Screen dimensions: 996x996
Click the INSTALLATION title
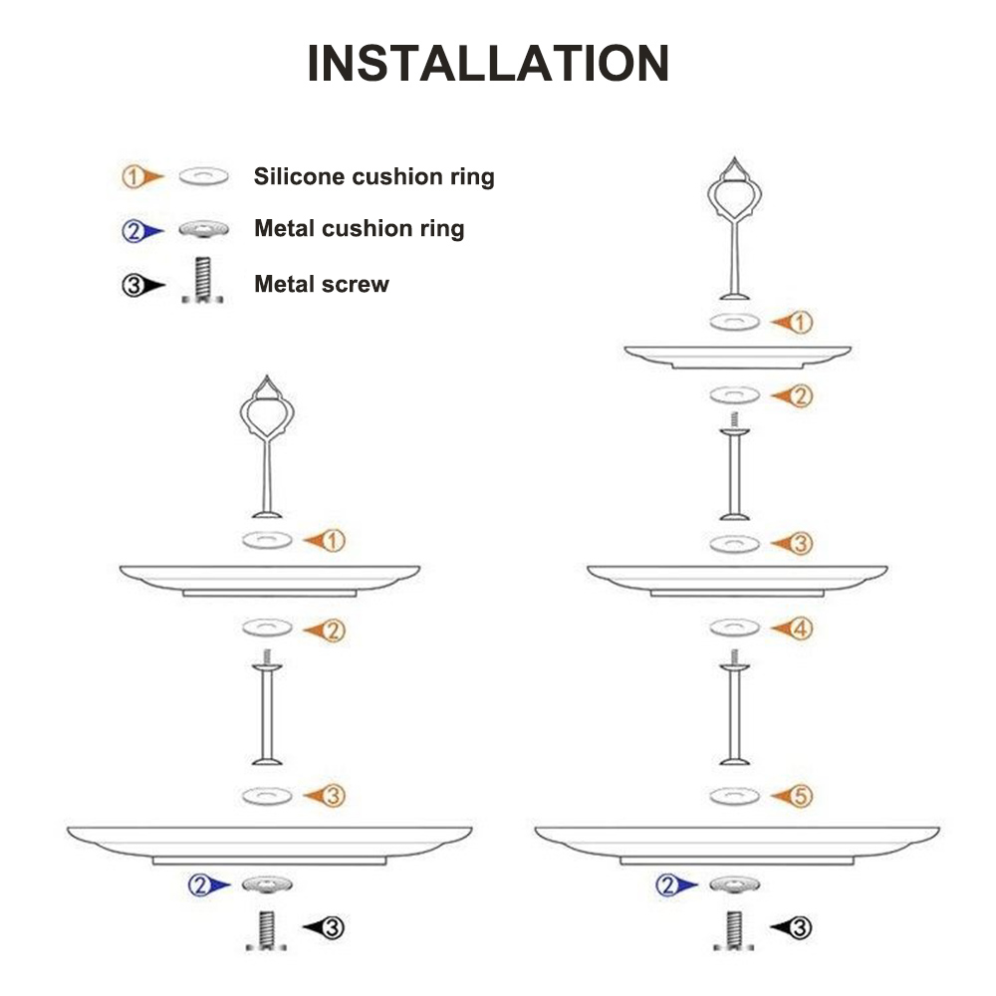[x=488, y=64]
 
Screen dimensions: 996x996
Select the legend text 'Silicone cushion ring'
[x=373, y=177]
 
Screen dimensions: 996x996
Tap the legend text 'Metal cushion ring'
[x=359, y=229]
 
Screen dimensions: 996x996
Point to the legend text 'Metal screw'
[x=321, y=284]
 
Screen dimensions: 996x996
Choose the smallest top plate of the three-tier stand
[x=737, y=356]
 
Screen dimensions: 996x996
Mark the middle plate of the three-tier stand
[x=737, y=578]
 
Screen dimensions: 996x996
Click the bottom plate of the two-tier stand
[x=269, y=842]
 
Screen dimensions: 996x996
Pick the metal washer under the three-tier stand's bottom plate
[x=734, y=883]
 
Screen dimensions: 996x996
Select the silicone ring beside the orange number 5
[x=735, y=796]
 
